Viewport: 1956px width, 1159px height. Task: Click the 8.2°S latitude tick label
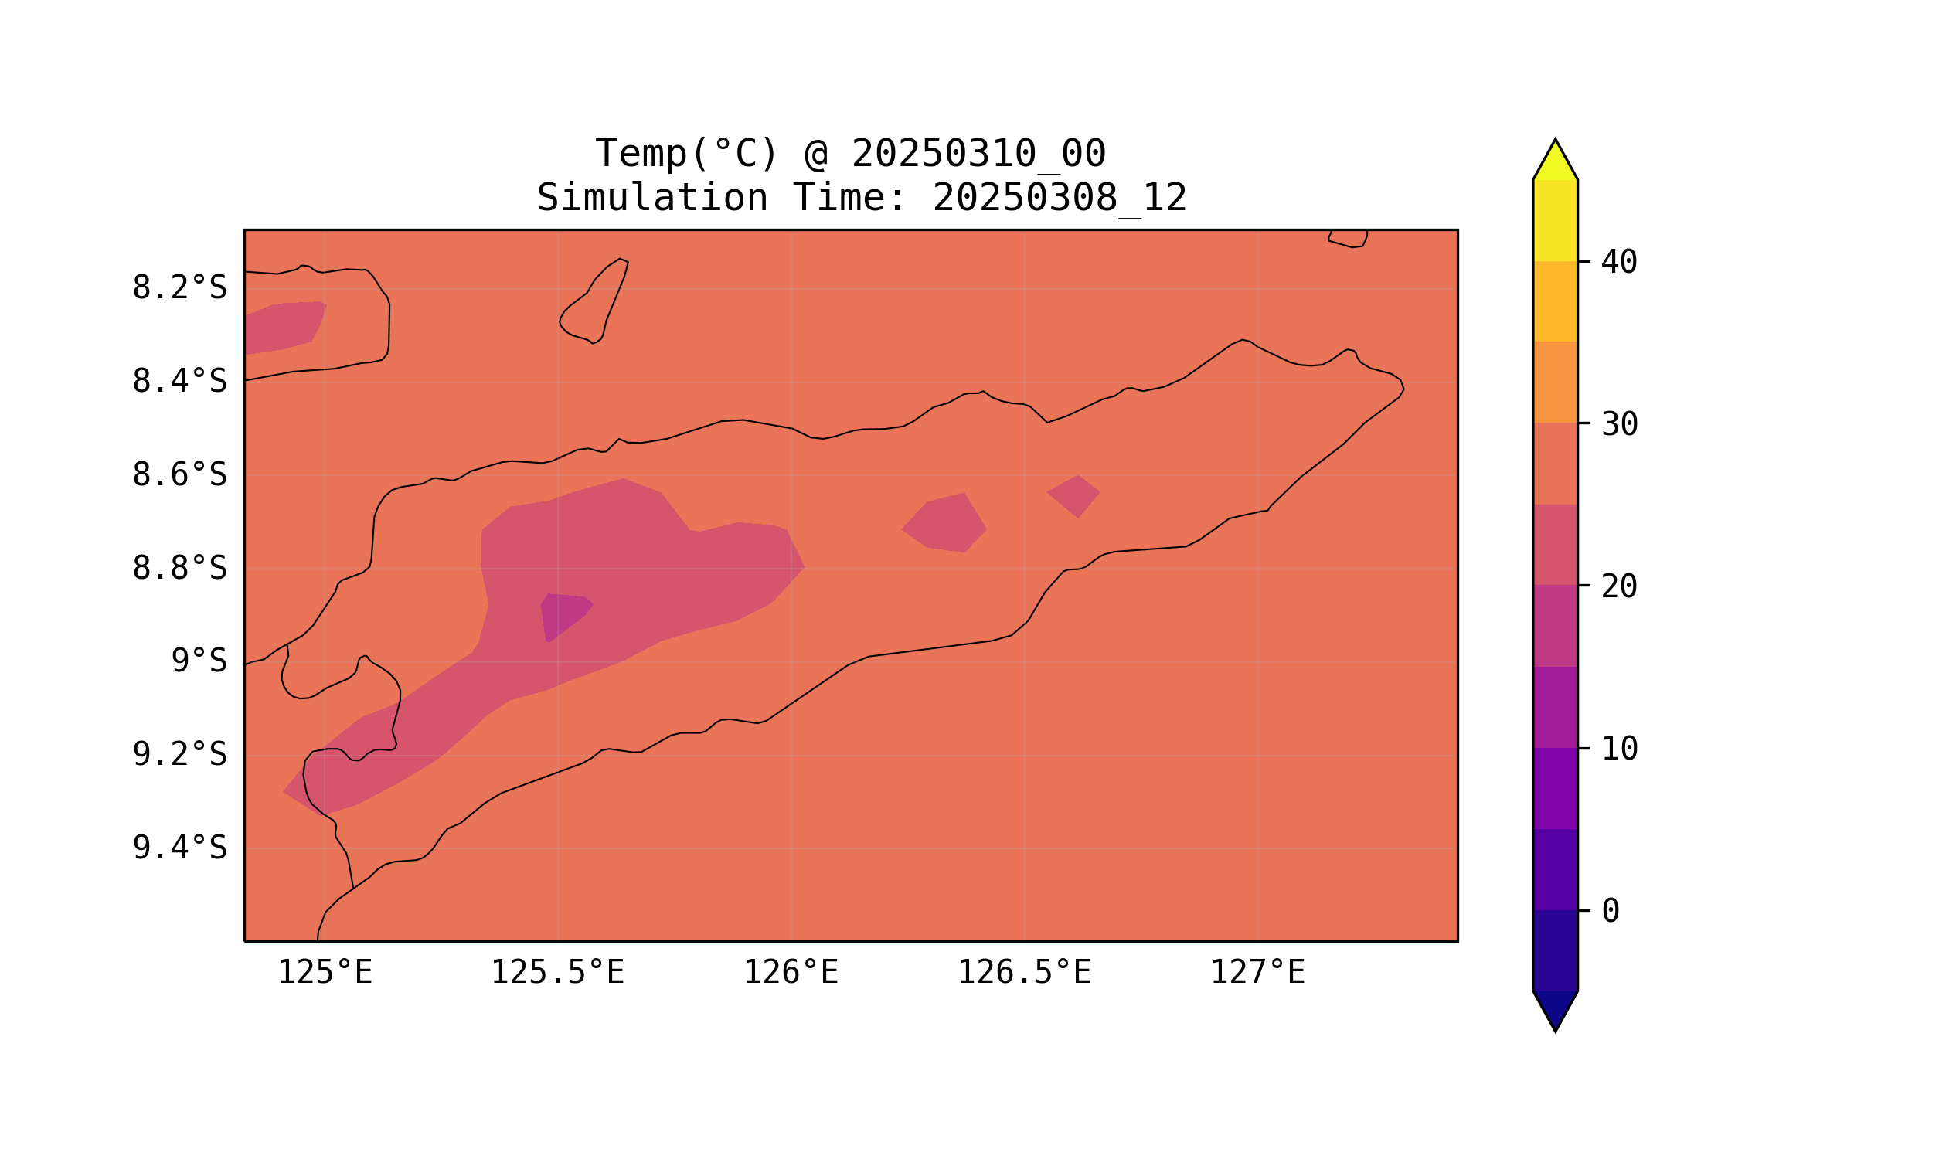tap(179, 288)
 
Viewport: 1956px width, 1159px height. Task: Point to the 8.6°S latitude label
tap(179, 475)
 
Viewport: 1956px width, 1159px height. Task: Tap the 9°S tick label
tap(199, 661)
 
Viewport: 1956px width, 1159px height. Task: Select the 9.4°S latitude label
tap(179, 848)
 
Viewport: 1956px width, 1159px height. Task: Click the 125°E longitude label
tap(325, 973)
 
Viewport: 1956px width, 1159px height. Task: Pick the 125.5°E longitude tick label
tap(557, 973)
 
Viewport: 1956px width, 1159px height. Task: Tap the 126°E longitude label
tap(791, 973)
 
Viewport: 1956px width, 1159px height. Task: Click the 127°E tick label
tap(1257, 973)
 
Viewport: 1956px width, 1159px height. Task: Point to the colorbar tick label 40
tap(1618, 263)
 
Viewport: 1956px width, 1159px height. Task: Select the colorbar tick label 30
tap(1618, 425)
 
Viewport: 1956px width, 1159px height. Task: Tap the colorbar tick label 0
tap(1610, 912)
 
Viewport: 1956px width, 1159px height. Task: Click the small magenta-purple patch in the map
tap(563, 614)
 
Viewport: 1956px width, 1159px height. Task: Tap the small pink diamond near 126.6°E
tap(1074, 495)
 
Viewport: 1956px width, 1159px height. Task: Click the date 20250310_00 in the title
tap(978, 154)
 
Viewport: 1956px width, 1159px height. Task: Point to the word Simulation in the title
tap(651, 199)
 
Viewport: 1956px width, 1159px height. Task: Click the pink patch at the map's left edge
tap(281, 328)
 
